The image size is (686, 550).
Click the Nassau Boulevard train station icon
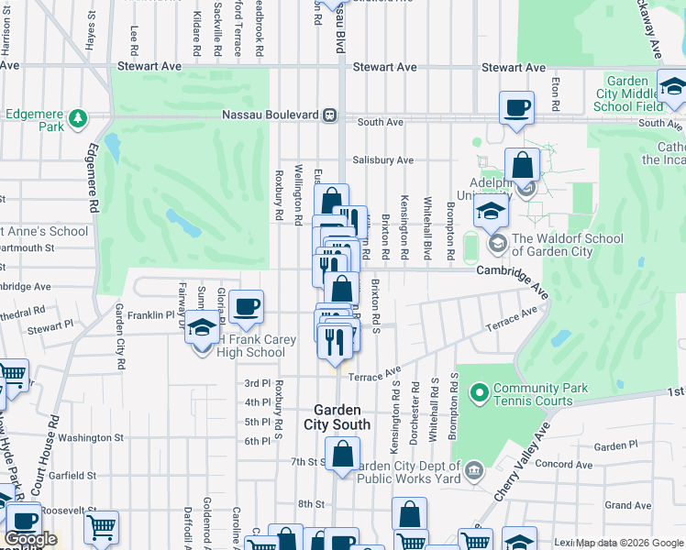point(327,116)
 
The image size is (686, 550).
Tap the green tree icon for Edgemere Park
point(80,117)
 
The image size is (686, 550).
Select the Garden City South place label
point(337,417)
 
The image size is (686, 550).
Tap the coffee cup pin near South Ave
point(516,107)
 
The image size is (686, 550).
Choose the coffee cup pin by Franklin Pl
point(245,307)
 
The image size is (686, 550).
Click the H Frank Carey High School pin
point(203,326)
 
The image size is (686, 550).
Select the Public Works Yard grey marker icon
point(472,471)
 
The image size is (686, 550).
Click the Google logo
point(29,539)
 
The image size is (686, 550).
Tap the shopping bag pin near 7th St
point(342,455)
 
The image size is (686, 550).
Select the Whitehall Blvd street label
point(426,225)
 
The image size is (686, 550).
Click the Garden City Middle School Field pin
point(673,88)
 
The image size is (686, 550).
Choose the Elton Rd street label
point(556,92)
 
